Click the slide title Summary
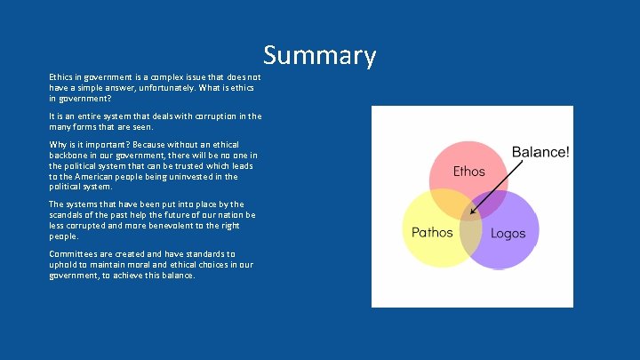coord(320,56)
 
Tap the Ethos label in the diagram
coord(468,171)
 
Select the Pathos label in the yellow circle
coord(432,233)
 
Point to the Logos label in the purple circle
coord(508,234)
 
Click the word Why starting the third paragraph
coord(58,144)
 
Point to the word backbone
coord(69,155)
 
